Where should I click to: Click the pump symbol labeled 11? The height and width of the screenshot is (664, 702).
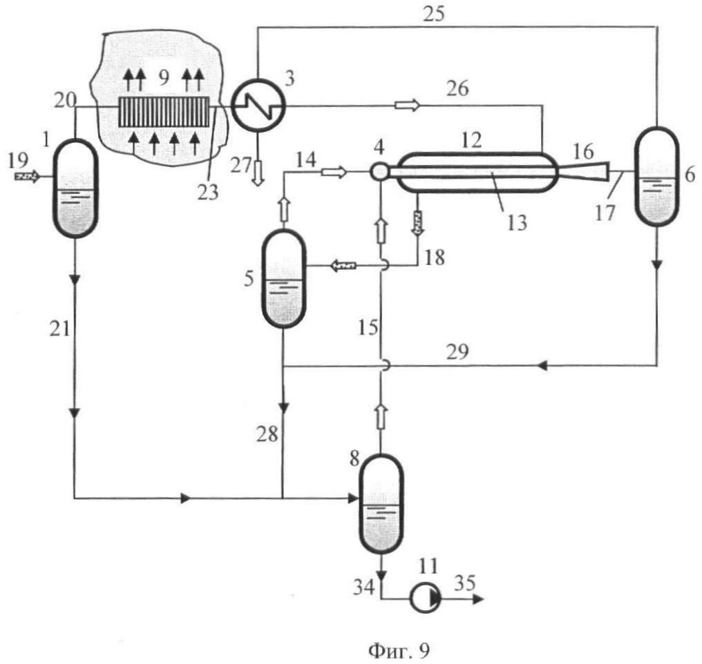click(426, 598)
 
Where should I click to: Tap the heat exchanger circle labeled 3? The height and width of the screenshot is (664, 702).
click(258, 106)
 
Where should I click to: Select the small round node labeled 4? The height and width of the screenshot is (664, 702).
click(379, 171)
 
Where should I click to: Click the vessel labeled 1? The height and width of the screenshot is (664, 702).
click(75, 188)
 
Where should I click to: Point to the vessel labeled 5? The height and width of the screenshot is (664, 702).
click(283, 278)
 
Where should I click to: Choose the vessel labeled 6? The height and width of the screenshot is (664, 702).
click(657, 177)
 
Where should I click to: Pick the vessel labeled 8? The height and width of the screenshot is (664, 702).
click(381, 504)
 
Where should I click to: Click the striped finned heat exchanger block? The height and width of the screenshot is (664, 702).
click(164, 112)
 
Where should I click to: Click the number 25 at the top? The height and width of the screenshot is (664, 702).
click(434, 13)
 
